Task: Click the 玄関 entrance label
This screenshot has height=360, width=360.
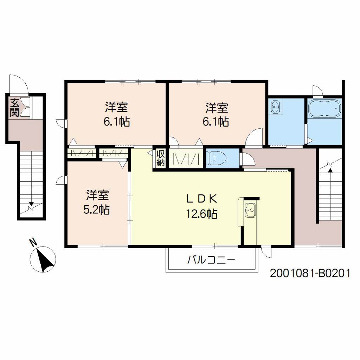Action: [x=14, y=108]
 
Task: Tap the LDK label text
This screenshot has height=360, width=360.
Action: [x=202, y=199]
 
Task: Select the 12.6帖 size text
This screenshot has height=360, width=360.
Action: [x=202, y=214]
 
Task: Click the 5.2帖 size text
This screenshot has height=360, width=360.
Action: [x=97, y=210]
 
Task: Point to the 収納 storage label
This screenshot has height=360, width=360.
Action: [x=160, y=158]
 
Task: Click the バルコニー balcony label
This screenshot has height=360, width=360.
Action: [x=211, y=260]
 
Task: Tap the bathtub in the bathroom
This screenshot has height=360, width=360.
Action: [x=324, y=109]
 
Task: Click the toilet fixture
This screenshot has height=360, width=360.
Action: [x=216, y=158]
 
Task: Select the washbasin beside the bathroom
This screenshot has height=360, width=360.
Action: [x=276, y=107]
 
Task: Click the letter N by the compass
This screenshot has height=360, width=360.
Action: [x=33, y=243]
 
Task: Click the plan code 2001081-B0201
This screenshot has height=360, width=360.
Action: [x=310, y=273]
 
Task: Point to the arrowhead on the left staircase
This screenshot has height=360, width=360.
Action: [x=31, y=204]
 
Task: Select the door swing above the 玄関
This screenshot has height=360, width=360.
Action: [x=19, y=84]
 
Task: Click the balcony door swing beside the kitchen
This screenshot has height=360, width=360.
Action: [x=266, y=252]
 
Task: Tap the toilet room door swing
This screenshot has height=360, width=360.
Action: [x=248, y=159]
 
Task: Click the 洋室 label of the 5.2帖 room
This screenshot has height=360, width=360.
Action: [x=97, y=195]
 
